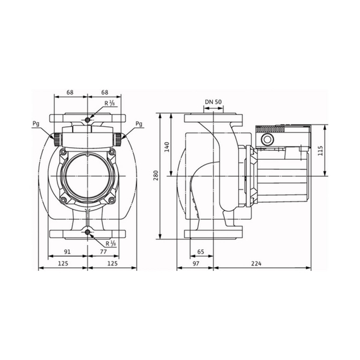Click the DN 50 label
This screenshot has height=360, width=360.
point(213,102)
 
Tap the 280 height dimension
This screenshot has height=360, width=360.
point(156,176)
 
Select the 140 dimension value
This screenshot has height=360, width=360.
point(167,147)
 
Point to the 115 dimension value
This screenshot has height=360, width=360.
point(320,150)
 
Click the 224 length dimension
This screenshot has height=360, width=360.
point(256,263)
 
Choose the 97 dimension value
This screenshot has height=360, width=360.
point(196,263)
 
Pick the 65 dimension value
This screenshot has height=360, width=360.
point(200,252)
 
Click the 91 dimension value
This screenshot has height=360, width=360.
point(67,252)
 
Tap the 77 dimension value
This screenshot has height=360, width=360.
point(104,252)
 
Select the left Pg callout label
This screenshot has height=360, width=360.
point(36,124)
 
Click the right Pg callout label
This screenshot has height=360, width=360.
point(139,124)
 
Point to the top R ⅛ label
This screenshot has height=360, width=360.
point(109,104)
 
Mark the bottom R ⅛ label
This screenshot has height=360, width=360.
point(111,244)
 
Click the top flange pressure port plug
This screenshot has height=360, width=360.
point(88,119)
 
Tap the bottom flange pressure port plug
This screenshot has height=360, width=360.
point(88,232)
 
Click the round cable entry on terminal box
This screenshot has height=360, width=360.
point(267,140)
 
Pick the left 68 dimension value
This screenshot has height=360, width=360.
point(70,92)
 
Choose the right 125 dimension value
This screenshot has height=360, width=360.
point(112,263)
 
